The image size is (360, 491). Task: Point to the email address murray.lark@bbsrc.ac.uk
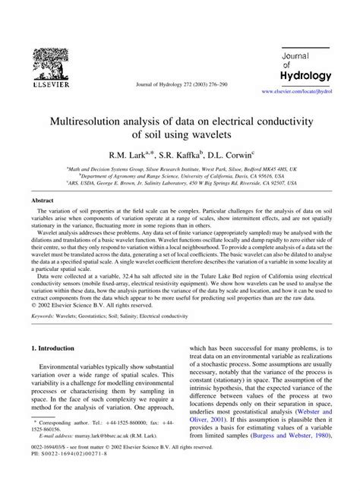click(x=109, y=459)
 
